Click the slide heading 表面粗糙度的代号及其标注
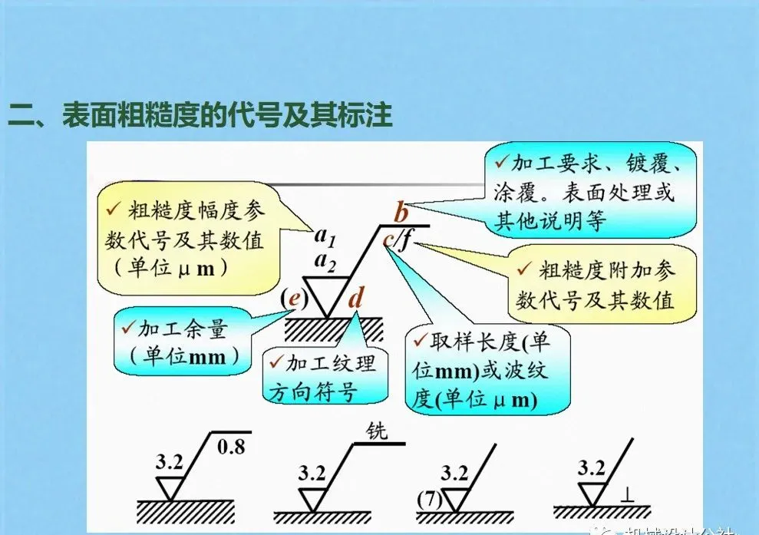pos(201,117)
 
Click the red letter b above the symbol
pos(401,211)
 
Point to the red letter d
pos(355,297)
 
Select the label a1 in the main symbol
pos(325,235)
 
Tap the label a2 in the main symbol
pos(325,263)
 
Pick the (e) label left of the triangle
pos(291,298)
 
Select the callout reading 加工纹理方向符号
pos(322,377)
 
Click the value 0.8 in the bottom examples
pos(232,446)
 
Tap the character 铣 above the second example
pos(376,431)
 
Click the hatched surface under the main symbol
pos(334,330)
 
